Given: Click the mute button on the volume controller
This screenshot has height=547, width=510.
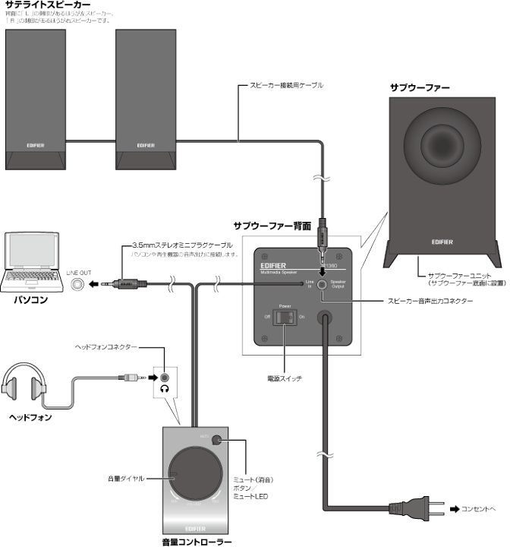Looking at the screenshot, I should click(x=220, y=438).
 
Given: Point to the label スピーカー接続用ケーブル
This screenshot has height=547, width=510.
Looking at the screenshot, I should click(x=287, y=86).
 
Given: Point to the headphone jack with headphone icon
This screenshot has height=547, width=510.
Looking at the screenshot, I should click(x=164, y=376).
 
